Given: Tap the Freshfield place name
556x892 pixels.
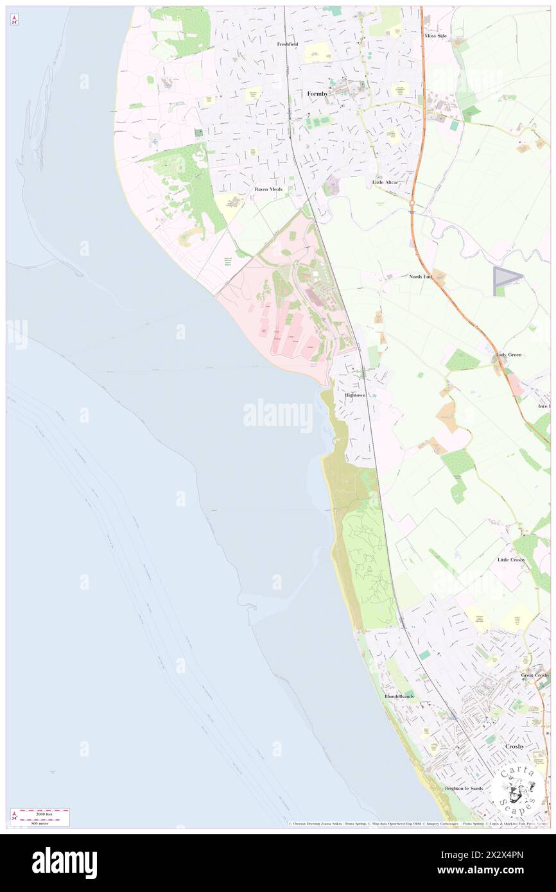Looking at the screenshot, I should click(288, 44).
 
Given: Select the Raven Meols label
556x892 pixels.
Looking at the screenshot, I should click(268, 189).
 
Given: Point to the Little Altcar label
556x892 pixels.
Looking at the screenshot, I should click(385, 182).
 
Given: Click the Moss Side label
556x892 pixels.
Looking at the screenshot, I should click(435, 36).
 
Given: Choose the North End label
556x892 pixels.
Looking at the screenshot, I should click(421, 276).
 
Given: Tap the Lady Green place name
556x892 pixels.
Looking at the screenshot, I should click(508, 354).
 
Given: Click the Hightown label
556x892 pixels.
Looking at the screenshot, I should click(355, 395).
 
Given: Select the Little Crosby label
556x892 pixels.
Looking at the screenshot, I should click(511, 560).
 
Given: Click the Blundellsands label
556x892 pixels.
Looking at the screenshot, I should click(399, 696).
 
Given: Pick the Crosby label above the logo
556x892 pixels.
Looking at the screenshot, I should click(515, 746).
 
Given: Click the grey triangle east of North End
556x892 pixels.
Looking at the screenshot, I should click(505, 280).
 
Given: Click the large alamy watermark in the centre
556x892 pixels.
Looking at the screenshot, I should click(278, 415).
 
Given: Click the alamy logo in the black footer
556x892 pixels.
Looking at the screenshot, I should click(65, 862).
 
